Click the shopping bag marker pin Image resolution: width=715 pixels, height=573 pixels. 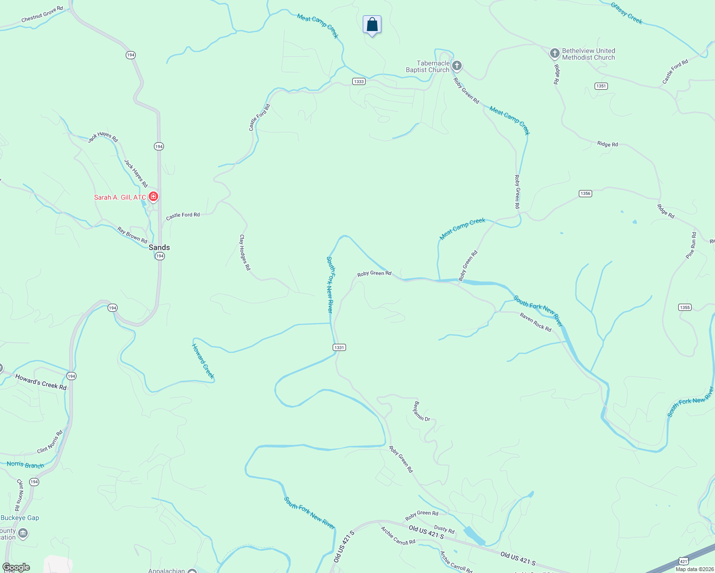pyautogui.click(x=372, y=25)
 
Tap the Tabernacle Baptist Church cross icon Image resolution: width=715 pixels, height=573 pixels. pyautogui.click(x=457, y=65)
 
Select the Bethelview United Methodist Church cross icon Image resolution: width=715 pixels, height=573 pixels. pyautogui.click(x=554, y=53)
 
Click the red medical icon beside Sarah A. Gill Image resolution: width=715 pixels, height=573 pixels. pyautogui.click(x=153, y=196)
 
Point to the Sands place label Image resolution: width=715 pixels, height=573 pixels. pyautogui.click(x=159, y=247)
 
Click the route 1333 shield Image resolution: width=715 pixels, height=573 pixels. pyautogui.click(x=359, y=81)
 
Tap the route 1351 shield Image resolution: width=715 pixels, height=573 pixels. pyautogui.click(x=601, y=86)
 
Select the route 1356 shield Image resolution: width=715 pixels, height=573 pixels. pyautogui.click(x=585, y=193)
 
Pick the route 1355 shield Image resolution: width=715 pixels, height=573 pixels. pyautogui.click(x=684, y=307)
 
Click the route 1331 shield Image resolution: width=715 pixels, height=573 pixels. pyautogui.click(x=339, y=347)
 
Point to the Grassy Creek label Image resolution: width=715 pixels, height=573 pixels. pyautogui.click(x=627, y=13)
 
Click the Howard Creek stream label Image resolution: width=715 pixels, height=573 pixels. pyautogui.click(x=203, y=361)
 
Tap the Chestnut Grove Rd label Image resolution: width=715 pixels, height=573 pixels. pyautogui.click(x=42, y=14)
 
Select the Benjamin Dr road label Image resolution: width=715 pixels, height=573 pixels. pyautogui.click(x=422, y=411)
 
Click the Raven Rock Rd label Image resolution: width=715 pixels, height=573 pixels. pyautogui.click(x=535, y=322)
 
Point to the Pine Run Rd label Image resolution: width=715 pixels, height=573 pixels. pyautogui.click(x=691, y=245)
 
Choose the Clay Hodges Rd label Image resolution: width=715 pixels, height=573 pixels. pyautogui.click(x=245, y=253)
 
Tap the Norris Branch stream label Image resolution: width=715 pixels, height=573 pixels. pyautogui.click(x=25, y=465)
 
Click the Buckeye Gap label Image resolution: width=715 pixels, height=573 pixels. pyautogui.click(x=20, y=518)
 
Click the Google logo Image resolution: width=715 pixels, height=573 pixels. pyautogui.click(x=16, y=567)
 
